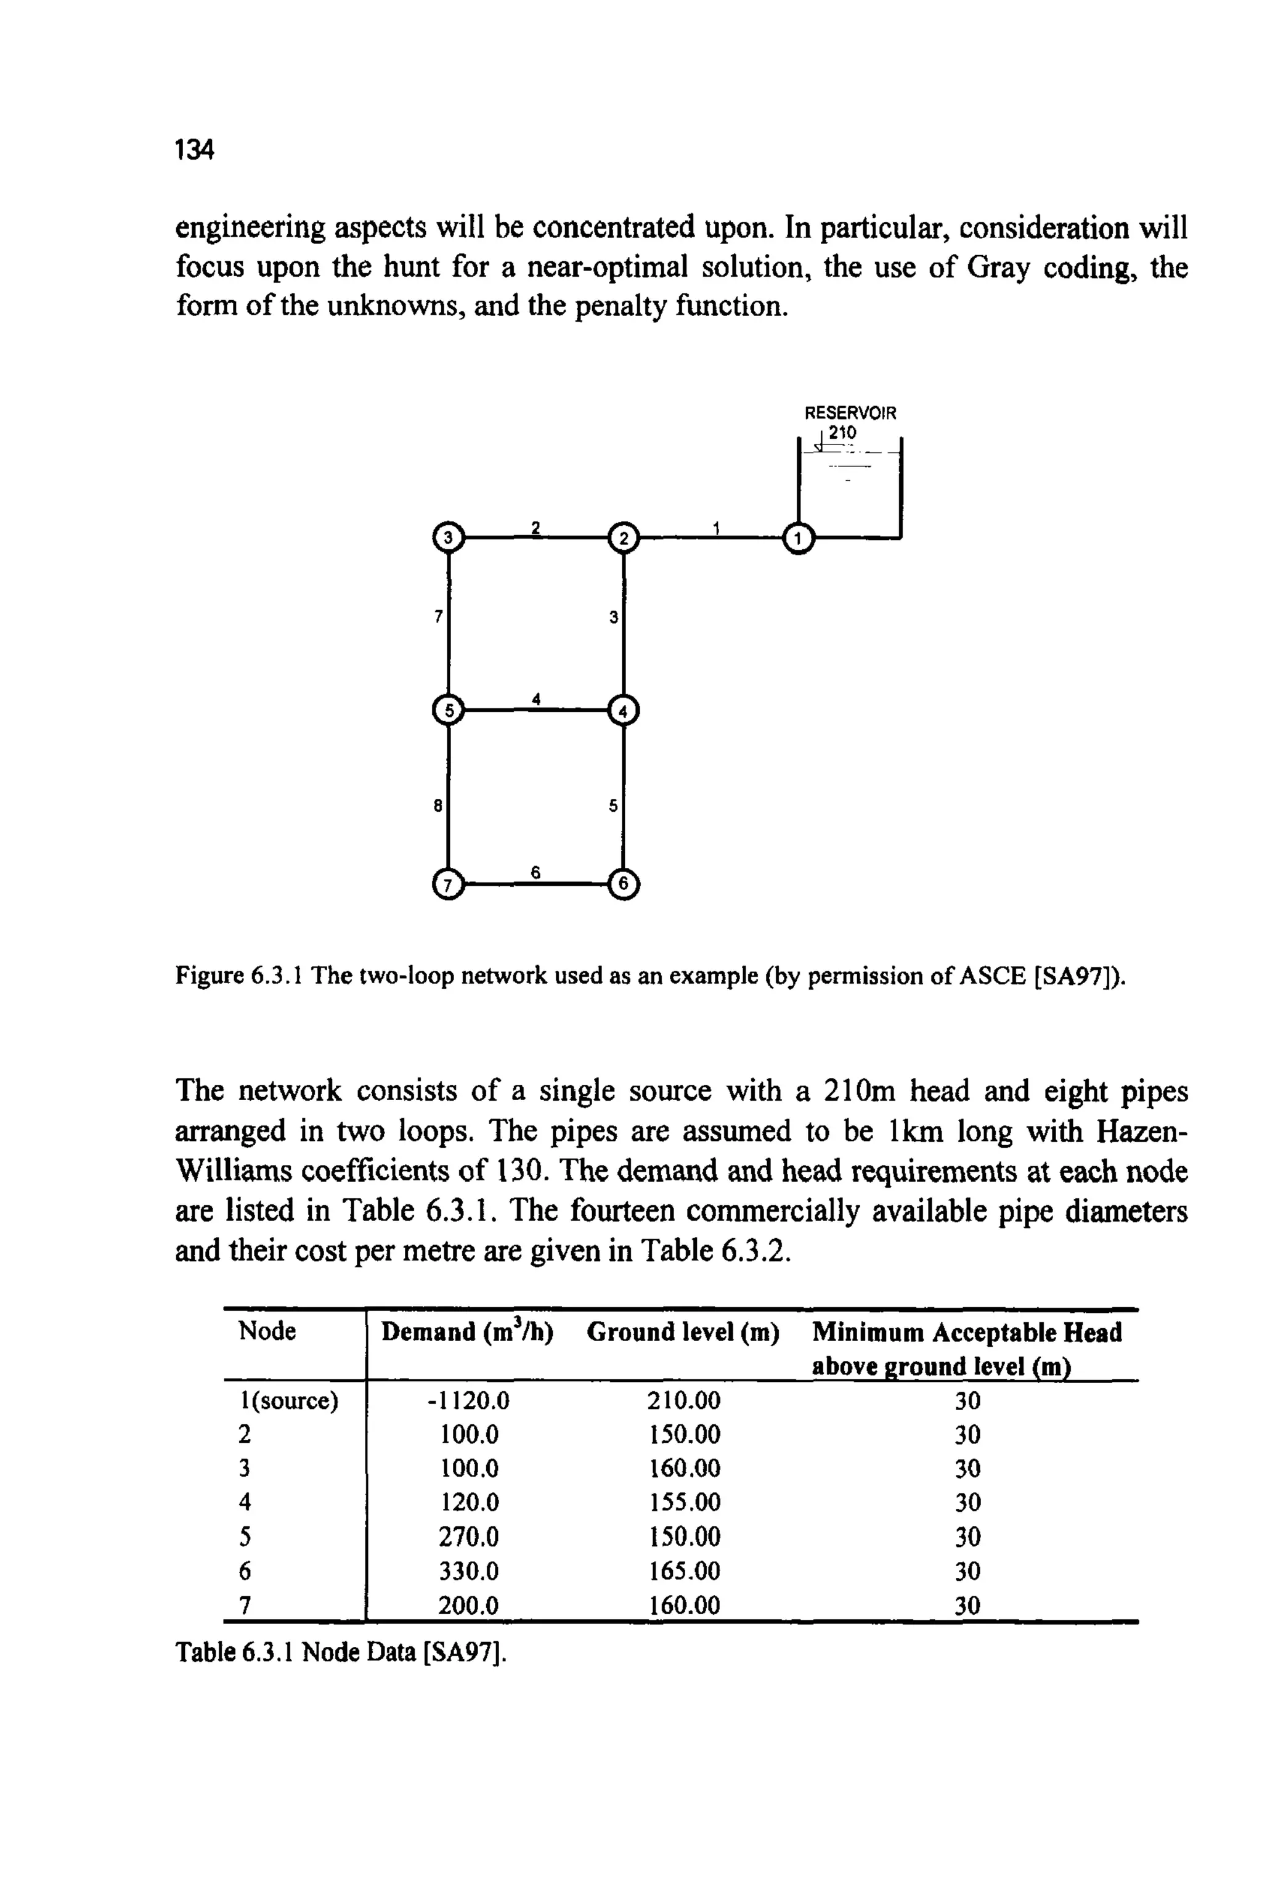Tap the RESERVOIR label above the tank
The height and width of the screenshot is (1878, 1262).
[x=850, y=413]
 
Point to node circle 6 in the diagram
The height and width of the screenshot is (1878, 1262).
[x=623, y=883]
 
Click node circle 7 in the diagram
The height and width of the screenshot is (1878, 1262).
[x=449, y=883]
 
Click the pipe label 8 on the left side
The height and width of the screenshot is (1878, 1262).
[x=438, y=804]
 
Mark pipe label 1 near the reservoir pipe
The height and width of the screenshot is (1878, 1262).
[x=715, y=526]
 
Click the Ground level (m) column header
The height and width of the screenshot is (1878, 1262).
[x=683, y=1333]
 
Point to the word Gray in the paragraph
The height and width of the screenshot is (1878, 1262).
[x=997, y=267]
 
